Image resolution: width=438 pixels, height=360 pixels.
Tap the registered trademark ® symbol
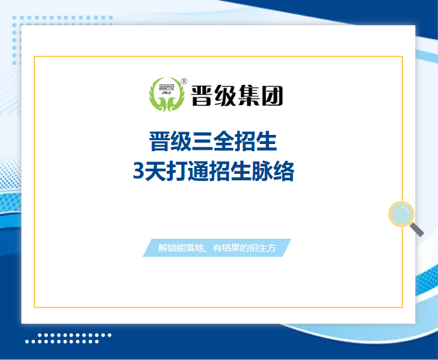184,82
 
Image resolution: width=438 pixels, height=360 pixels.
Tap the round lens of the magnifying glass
400,213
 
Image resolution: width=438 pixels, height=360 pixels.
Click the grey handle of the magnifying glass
417,230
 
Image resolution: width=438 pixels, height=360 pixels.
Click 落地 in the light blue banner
195,248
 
